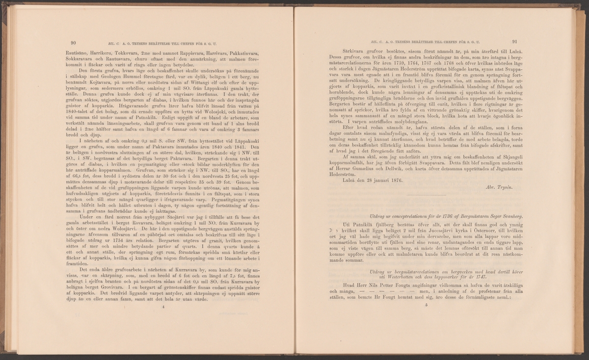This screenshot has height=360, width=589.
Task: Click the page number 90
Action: pos(73,42)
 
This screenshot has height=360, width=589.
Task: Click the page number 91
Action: pos(515,42)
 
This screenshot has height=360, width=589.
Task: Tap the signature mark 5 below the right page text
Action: pos(428,305)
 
